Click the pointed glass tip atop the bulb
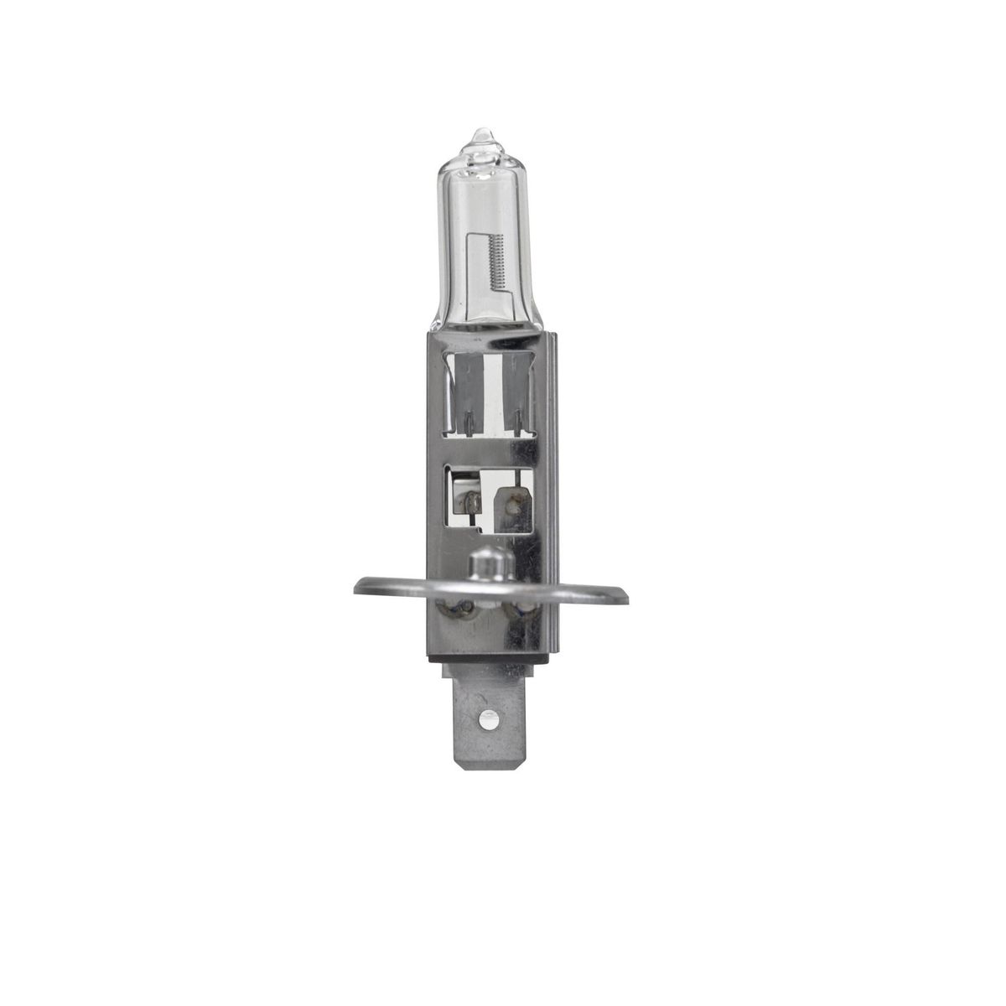pos(481,136)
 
